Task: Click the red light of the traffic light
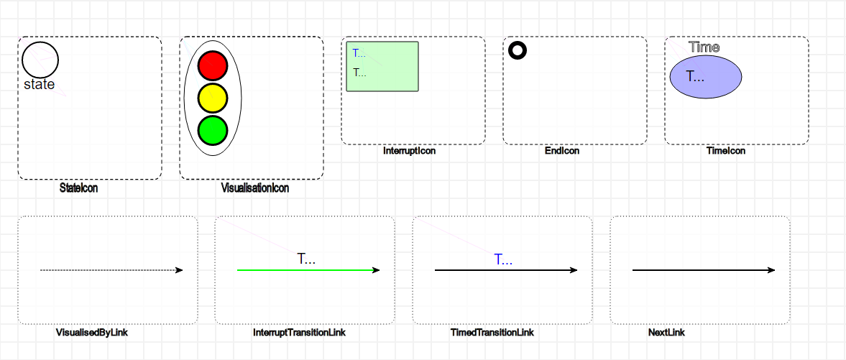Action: (x=212, y=65)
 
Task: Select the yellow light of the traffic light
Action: (x=212, y=98)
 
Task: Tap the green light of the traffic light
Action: (x=212, y=129)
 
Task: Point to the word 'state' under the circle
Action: (x=40, y=85)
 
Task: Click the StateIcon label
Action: (x=79, y=188)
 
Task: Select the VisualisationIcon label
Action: (x=255, y=188)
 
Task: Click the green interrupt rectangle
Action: (x=382, y=67)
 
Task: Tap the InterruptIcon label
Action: (x=410, y=152)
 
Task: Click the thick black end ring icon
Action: (x=518, y=50)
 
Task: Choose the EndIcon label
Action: (x=562, y=152)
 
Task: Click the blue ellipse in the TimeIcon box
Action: (x=706, y=76)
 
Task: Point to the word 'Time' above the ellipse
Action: (x=704, y=47)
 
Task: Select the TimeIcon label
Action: (x=726, y=152)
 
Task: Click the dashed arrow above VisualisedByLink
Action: (x=111, y=270)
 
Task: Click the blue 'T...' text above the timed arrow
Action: (x=503, y=259)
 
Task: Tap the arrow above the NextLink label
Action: (x=703, y=270)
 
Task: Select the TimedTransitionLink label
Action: (x=492, y=333)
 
